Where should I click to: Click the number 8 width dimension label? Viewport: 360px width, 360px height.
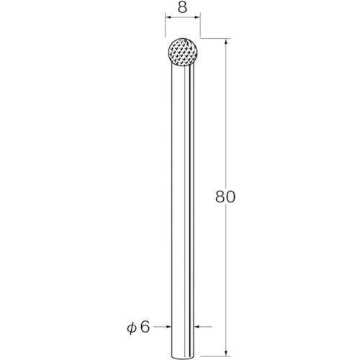click(182, 8)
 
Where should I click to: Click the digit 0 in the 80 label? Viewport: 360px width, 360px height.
click(230, 197)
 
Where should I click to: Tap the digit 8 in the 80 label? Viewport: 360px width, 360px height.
click(220, 197)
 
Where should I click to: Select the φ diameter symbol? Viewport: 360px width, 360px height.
click(132, 328)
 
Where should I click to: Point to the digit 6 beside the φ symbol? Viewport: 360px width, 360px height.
click(145, 327)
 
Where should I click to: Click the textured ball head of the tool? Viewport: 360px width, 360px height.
click(183, 52)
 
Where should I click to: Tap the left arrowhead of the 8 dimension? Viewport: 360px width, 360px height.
click(168, 17)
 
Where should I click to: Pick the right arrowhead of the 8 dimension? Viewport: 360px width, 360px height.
click(197, 17)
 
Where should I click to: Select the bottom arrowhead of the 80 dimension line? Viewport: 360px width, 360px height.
click(226, 352)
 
